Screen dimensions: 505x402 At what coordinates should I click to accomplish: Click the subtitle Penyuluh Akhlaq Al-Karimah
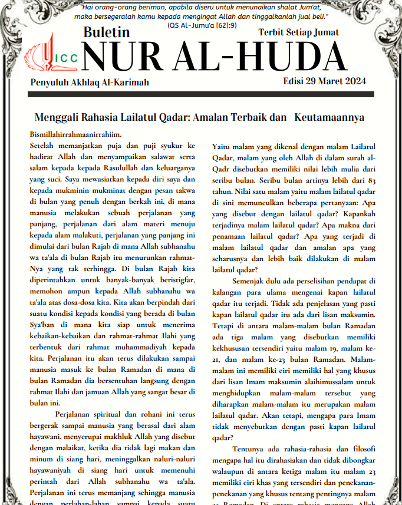[89, 82]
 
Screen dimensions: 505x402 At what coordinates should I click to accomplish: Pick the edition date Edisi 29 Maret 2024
[325, 81]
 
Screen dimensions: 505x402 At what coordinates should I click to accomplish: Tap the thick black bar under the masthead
[201, 94]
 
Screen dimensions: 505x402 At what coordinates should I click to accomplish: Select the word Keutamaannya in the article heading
[329, 117]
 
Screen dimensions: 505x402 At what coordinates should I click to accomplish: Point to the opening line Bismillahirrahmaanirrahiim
[75, 134]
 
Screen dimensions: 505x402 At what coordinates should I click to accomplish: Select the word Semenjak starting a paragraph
[252, 282]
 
